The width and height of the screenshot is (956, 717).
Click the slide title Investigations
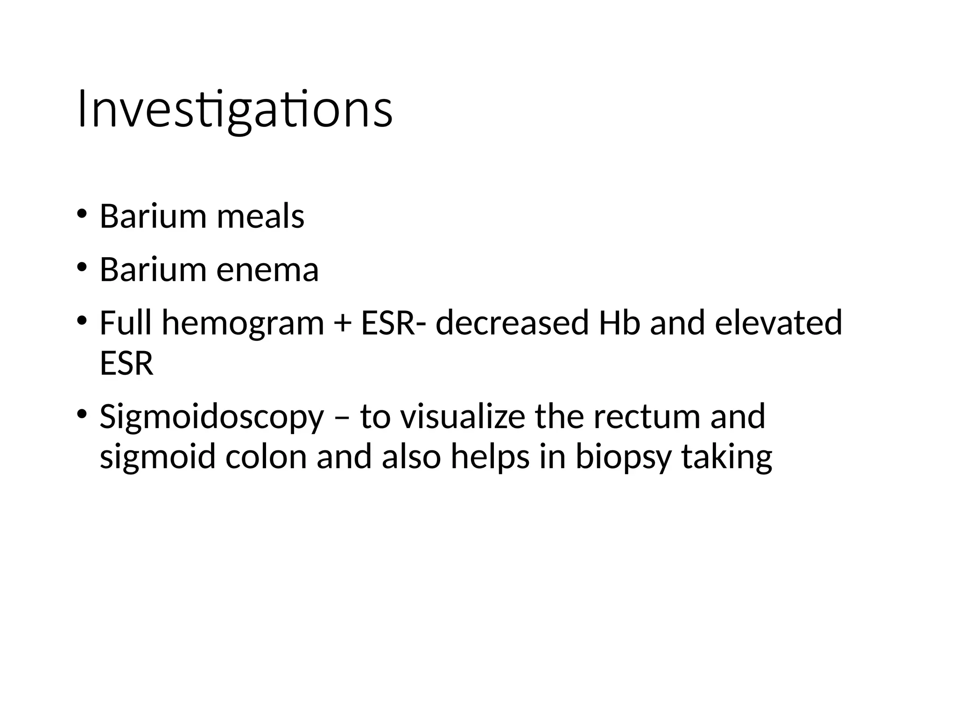coord(235,110)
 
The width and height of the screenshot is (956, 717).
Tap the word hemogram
coord(243,323)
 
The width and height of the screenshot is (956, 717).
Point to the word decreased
coord(512,323)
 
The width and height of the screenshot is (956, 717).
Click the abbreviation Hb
coord(619,323)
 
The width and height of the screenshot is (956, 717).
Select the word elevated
coord(779,323)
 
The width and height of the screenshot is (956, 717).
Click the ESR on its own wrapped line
coord(127,364)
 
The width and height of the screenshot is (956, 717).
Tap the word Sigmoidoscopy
coord(211,417)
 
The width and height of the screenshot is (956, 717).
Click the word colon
coord(266,457)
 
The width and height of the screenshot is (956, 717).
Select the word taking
coord(726,457)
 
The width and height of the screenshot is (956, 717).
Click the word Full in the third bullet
coord(126,323)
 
